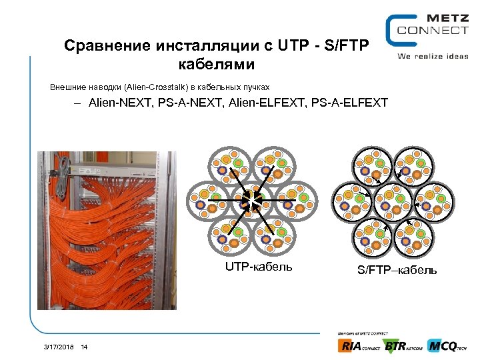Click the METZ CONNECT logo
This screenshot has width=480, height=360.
click(427, 29)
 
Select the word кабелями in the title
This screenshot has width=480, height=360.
click(217, 65)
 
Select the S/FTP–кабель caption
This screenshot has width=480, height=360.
click(397, 270)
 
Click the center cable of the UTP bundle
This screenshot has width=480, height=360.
click(253, 200)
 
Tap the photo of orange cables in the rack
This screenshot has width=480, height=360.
click(107, 230)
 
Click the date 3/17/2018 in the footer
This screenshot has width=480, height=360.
click(59, 347)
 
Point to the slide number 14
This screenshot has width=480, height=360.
click(84, 347)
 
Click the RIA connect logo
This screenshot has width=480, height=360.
click(359, 345)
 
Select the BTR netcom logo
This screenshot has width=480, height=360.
click(403, 345)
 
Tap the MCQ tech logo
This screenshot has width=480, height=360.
click(447, 345)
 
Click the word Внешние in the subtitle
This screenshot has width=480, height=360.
click(67, 87)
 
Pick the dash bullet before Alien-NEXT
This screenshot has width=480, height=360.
click(78, 104)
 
